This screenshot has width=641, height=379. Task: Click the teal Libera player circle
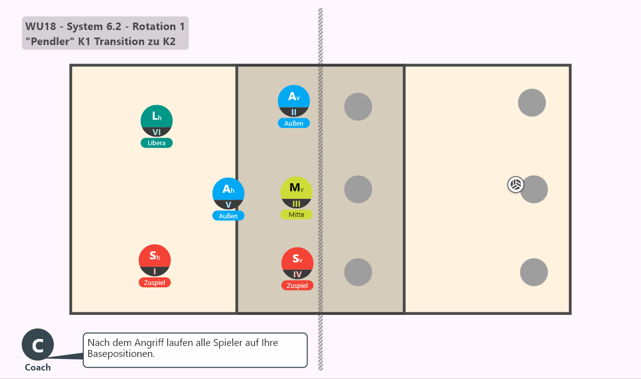coord(157,121)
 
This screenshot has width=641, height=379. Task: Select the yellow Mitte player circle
coord(296,192)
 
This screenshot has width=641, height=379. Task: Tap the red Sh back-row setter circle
coord(155,260)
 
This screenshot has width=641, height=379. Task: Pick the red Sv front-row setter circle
coord(297,263)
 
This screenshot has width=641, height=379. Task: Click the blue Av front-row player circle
coord(294,101)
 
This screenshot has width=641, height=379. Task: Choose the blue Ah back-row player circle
coord(228,194)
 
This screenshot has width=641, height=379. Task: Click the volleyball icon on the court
coord(516,185)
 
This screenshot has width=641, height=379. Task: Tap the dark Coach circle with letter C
coord(38,344)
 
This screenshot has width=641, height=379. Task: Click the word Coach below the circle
coord(38,367)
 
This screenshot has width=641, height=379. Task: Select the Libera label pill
coord(157,143)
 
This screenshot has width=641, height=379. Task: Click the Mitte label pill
coord(296,214)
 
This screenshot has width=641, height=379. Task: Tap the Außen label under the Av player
coord(294,123)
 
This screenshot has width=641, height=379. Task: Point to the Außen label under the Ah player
coord(228,216)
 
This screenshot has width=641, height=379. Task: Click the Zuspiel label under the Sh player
coord(155,282)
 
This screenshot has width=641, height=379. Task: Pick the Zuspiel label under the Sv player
coord(297,285)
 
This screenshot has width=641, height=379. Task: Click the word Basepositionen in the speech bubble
coord(121,354)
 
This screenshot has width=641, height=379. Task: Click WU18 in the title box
coord(41,27)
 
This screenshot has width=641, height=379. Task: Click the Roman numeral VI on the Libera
coord(157,132)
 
